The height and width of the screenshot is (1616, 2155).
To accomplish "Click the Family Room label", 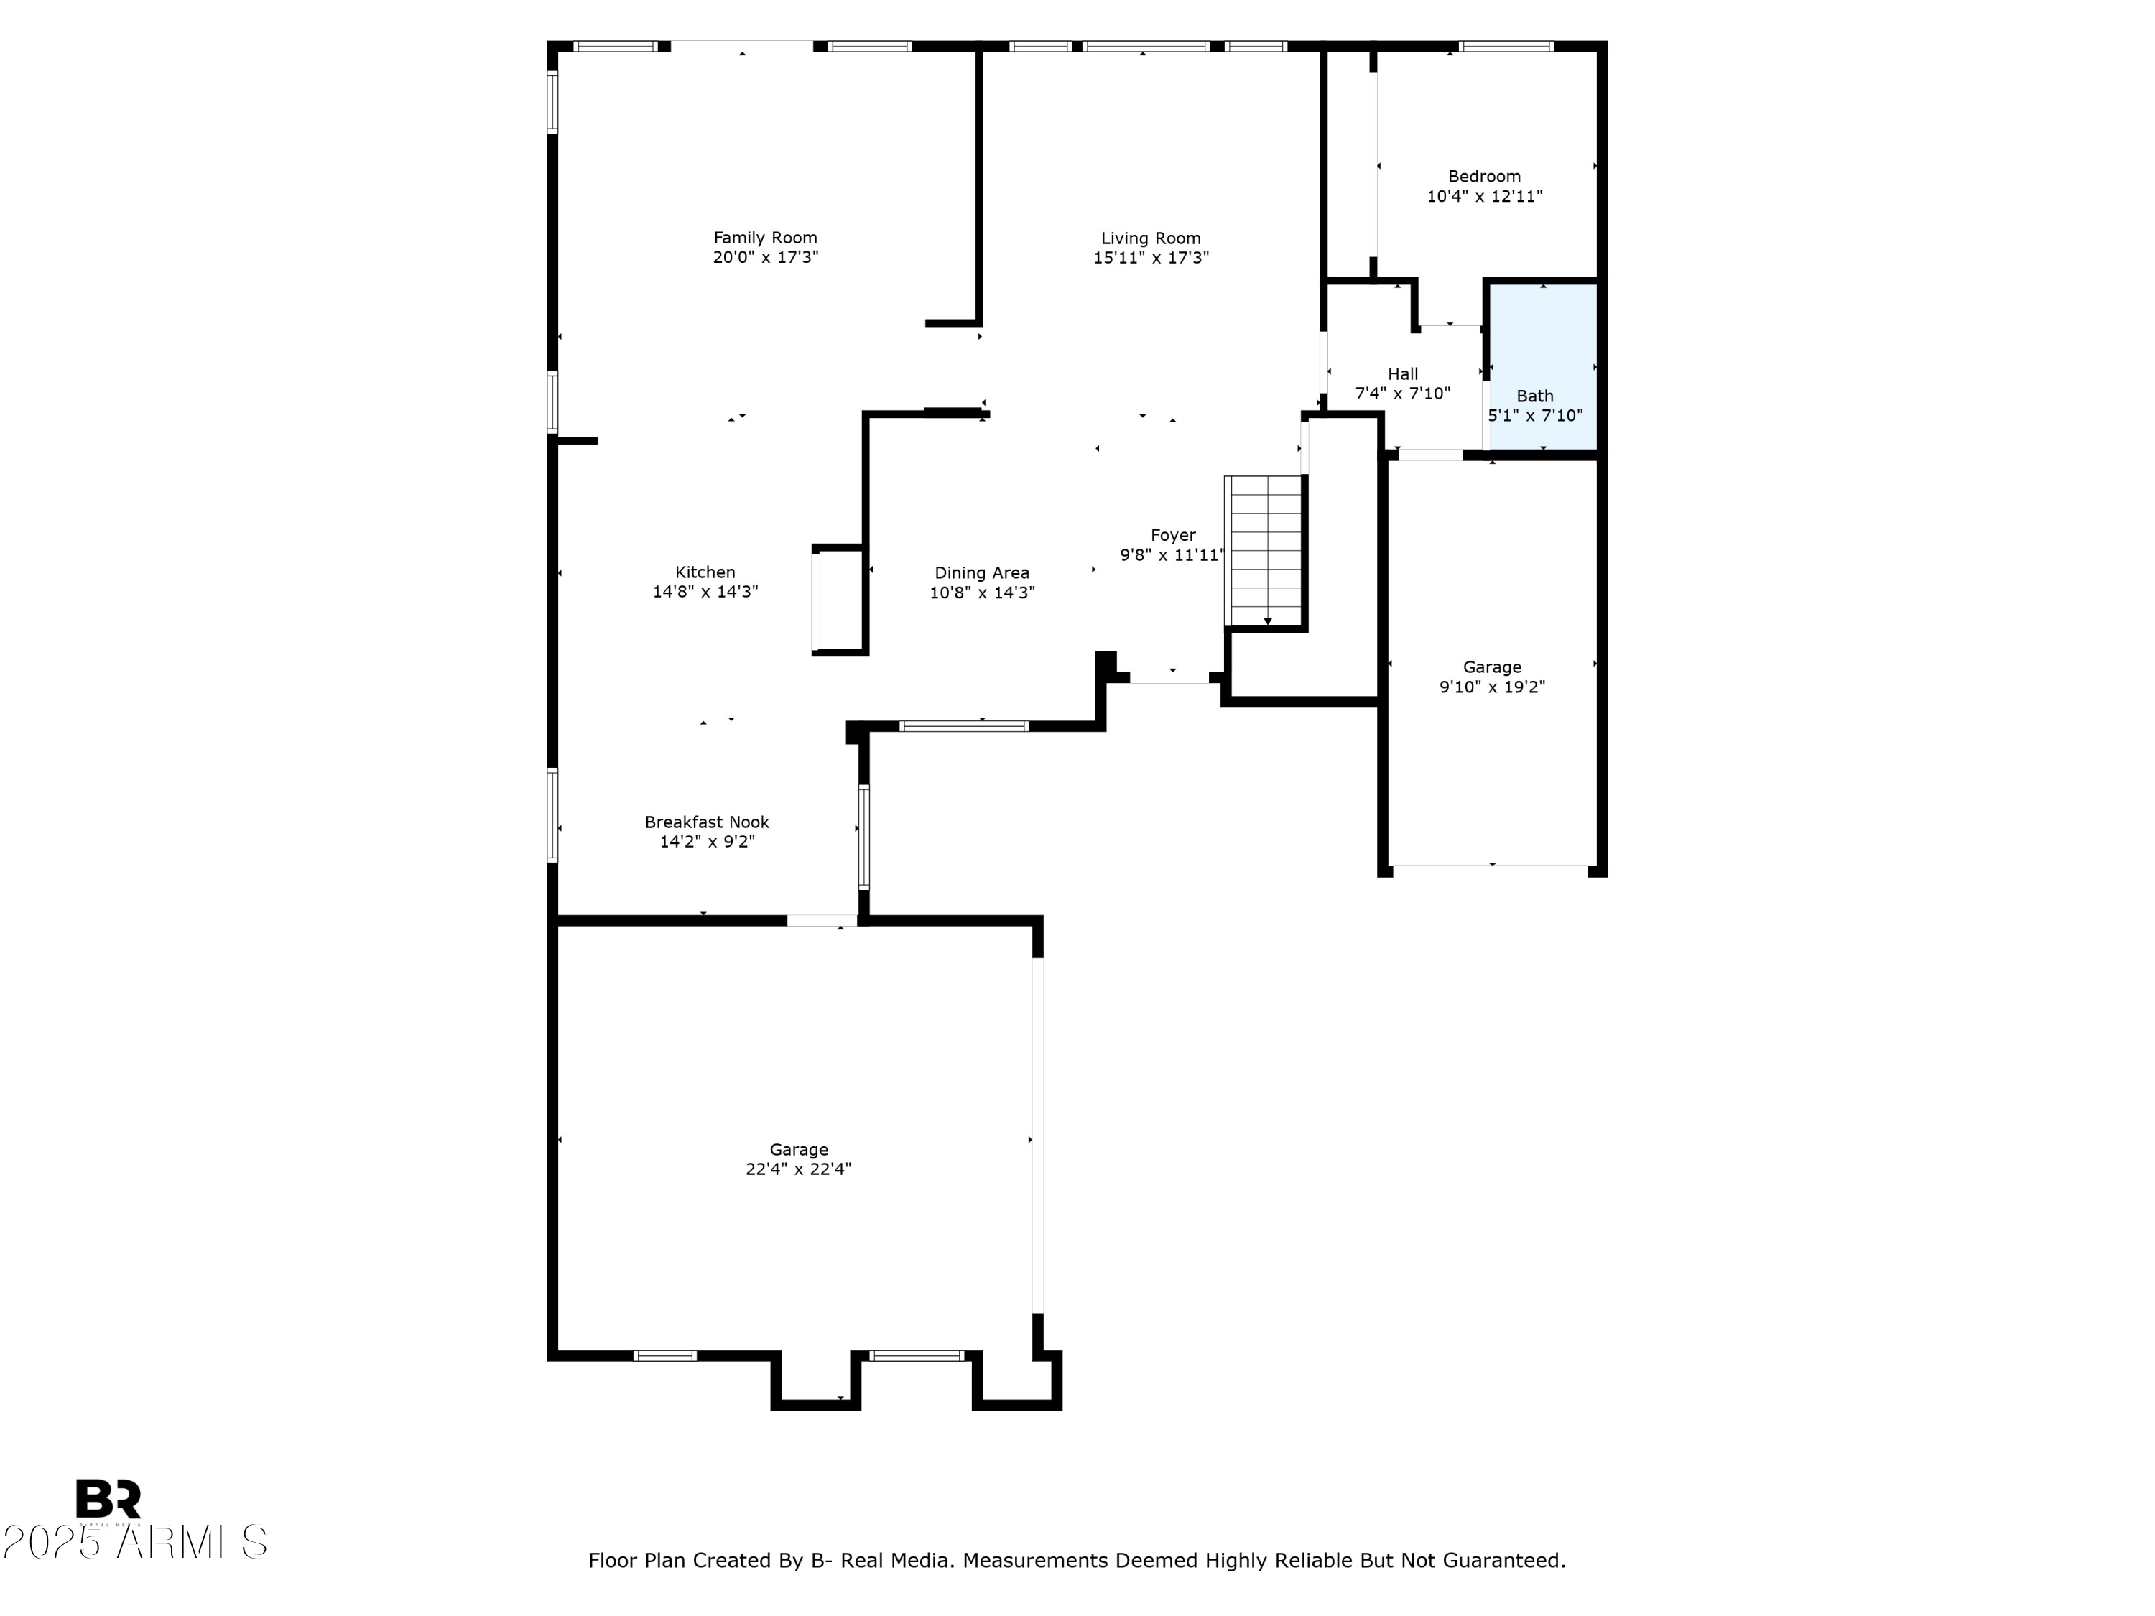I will tap(765, 238).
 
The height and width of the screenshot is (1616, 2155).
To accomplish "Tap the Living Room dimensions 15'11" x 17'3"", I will tap(1151, 258).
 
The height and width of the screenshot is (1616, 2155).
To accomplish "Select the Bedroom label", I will tap(1484, 176).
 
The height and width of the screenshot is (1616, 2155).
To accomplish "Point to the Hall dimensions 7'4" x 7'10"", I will tap(1403, 394).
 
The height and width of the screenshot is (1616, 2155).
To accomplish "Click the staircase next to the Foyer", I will tap(1264, 550).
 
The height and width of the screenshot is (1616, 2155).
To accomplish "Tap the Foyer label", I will tap(1173, 535).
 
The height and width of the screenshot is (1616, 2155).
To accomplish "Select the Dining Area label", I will tap(981, 572).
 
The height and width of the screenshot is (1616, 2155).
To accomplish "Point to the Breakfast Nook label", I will tap(706, 822).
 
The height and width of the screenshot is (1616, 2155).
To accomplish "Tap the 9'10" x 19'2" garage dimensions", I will tap(1491, 687).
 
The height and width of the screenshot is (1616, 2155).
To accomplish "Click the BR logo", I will tap(108, 1498).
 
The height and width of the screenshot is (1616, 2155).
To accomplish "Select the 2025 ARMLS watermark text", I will tap(134, 1542).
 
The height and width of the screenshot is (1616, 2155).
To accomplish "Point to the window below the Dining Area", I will tap(963, 725).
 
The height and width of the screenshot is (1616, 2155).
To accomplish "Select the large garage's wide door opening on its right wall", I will tap(1037, 1136).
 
